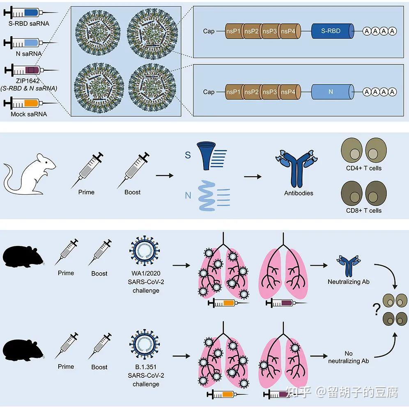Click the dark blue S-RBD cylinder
click(333, 31)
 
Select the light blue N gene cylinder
click(333, 92)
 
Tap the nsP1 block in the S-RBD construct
click(234, 31)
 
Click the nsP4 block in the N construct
click(290, 92)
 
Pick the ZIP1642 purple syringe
click(31, 70)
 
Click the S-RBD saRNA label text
click(29, 24)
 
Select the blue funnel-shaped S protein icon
click(206, 156)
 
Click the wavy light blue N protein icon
click(207, 195)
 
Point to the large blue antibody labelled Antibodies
click(296, 168)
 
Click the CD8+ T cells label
click(363, 211)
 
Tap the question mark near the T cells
click(377, 309)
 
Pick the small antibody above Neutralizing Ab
click(349, 266)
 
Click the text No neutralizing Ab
click(349, 357)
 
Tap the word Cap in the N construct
click(209, 92)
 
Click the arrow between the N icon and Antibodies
click(253, 177)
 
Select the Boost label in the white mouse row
click(133, 192)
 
